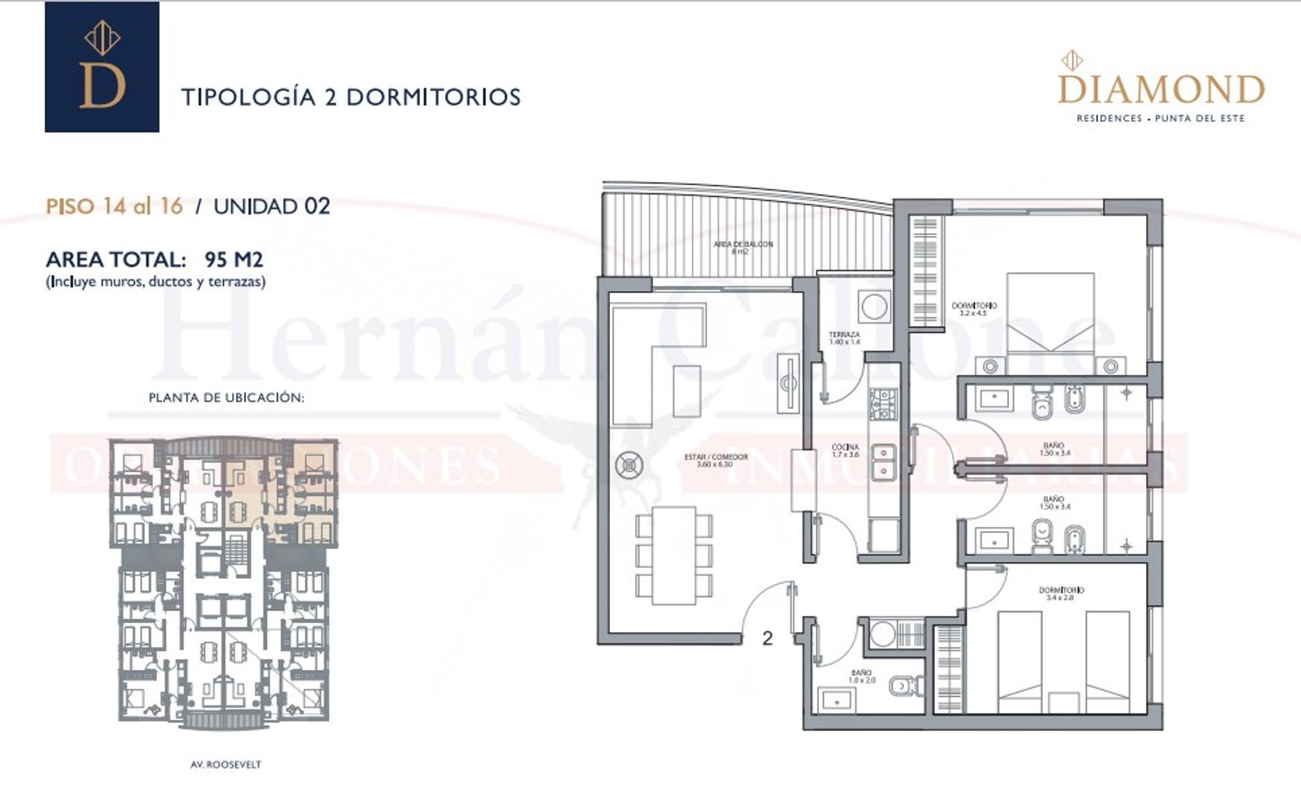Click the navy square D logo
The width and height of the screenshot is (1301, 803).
[102, 67]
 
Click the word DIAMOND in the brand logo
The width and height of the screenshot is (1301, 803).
[1160, 91]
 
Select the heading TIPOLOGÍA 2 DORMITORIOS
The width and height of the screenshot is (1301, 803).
[351, 97]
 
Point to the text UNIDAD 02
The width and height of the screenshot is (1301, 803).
[272, 206]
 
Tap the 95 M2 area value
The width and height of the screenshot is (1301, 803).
[234, 259]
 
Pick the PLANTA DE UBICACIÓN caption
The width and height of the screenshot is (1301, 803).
[226, 398]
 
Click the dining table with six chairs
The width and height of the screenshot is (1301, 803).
[674, 555]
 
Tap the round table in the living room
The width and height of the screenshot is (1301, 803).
[629, 466]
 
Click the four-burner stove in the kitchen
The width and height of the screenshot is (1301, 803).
[883, 404]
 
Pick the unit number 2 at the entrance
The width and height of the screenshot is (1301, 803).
[768, 638]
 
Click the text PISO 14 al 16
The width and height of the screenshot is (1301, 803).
[115, 206]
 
